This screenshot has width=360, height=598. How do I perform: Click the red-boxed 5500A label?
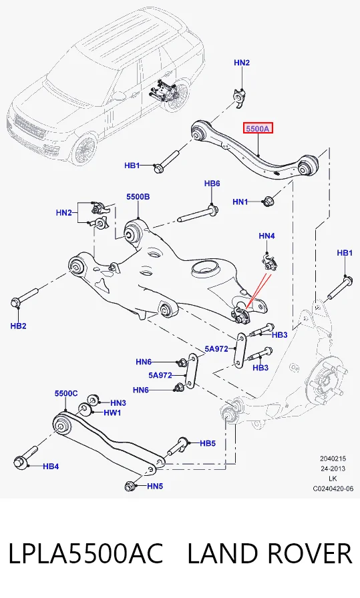258,129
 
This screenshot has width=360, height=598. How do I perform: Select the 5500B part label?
138,197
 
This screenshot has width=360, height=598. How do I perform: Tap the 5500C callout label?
66,393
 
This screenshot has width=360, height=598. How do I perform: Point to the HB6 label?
212,184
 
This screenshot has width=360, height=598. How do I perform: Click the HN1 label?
240,202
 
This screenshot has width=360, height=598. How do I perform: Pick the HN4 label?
266,236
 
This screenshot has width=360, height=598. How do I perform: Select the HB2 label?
18,326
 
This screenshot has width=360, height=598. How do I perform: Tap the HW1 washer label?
112,412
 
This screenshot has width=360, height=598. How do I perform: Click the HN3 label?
118,402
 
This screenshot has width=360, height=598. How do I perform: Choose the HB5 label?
208,443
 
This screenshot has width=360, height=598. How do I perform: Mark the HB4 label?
51,466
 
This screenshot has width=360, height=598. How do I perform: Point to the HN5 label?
155,487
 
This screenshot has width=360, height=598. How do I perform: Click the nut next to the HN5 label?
130,487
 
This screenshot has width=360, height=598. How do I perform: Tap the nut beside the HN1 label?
267,201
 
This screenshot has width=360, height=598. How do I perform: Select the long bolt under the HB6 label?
198,214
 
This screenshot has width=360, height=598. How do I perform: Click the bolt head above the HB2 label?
15,303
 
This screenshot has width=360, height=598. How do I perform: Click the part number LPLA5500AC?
86,553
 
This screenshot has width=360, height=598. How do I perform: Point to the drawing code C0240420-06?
333,489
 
